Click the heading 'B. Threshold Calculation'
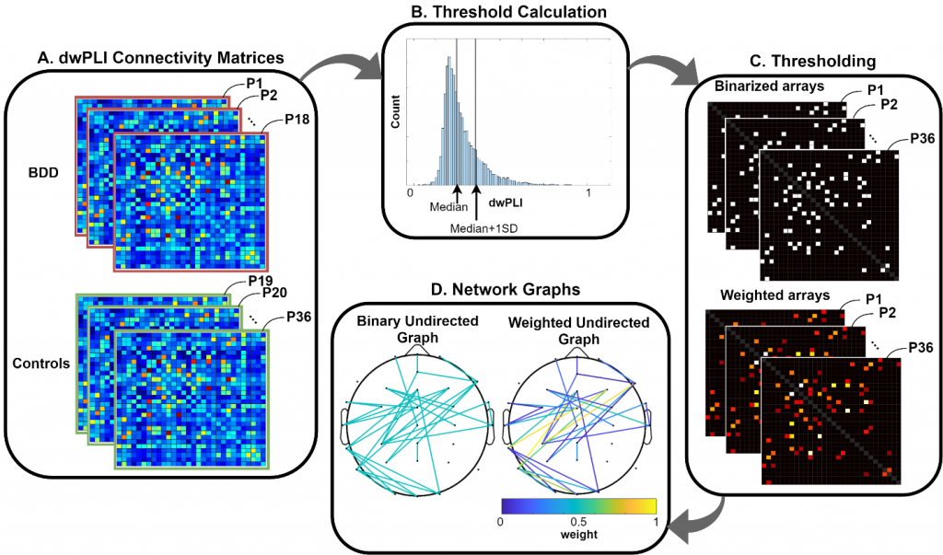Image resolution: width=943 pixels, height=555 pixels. [508, 11]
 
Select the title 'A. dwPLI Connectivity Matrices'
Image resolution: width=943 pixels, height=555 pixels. [160, 58]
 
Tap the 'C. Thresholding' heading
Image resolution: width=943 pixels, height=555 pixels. [813, 61]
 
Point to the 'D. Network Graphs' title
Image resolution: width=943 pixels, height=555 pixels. [506, 289]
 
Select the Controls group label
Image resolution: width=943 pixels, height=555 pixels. [41, 364]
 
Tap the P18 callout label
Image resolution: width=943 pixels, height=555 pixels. [297, 119]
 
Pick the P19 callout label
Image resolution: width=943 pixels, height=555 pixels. [261, 281]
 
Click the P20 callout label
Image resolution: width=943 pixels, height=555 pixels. [274, 293]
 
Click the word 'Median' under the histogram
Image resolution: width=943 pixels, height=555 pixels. [448, 207]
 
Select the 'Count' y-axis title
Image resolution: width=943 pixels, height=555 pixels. [395, 111]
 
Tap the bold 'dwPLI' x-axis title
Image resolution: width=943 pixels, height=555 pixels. [506, 203]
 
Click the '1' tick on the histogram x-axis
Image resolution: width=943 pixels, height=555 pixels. [588, 193]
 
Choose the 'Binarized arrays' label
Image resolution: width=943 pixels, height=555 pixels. [769, 87]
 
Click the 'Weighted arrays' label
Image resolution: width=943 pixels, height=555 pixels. [775, 295]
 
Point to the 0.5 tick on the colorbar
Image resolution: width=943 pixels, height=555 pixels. [578, 522]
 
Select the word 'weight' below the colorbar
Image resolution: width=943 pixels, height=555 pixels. [579, 534]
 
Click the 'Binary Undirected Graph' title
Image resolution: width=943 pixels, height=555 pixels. [417, 329]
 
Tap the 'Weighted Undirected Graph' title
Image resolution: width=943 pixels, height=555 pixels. [578, 330]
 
